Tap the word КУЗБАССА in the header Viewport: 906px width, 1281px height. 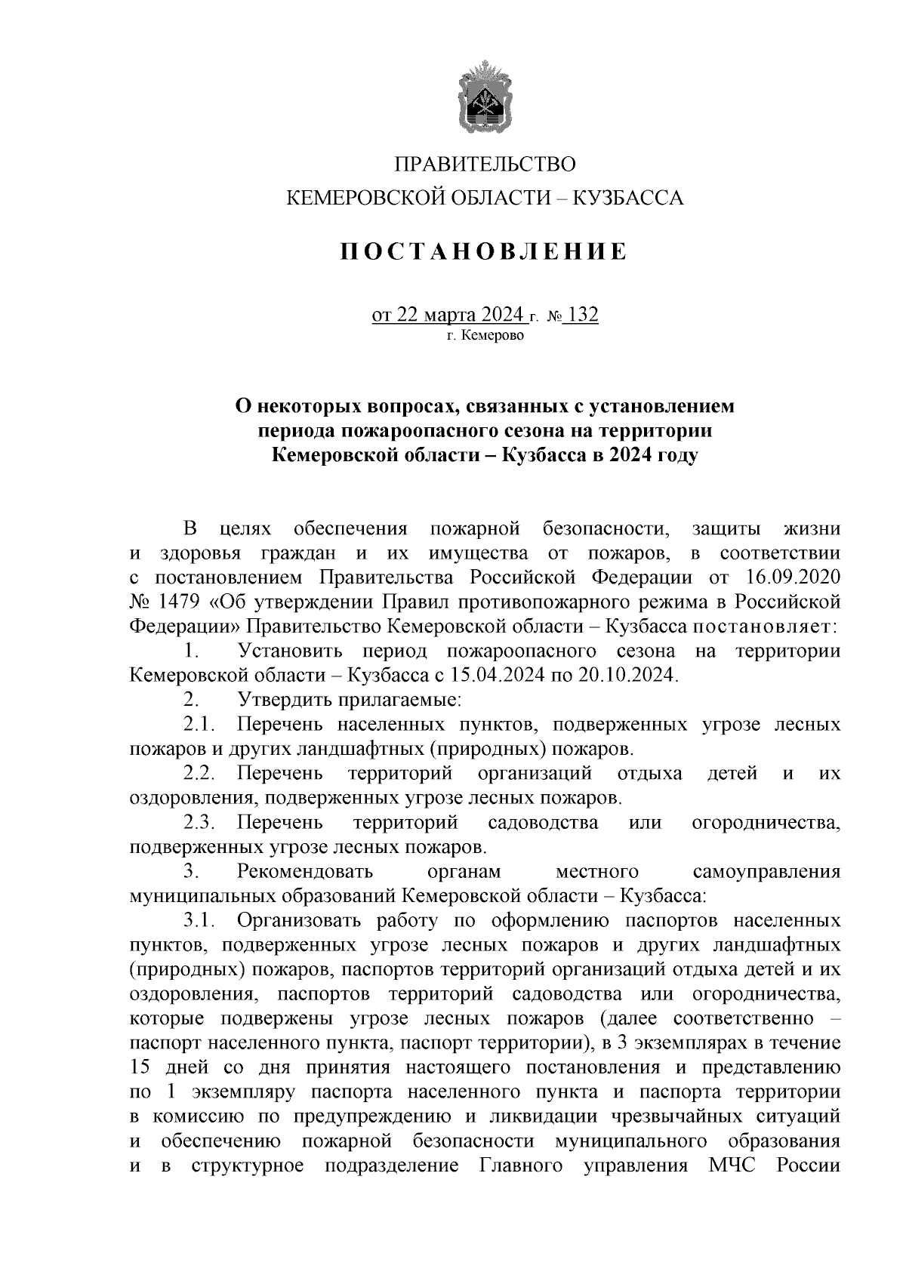click(x=629, y=199)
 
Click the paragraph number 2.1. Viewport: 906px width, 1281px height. click(x=199, y=725)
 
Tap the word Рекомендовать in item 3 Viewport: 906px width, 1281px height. click(x=305, y=872)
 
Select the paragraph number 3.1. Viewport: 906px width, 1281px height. click(x=199, y=920)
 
